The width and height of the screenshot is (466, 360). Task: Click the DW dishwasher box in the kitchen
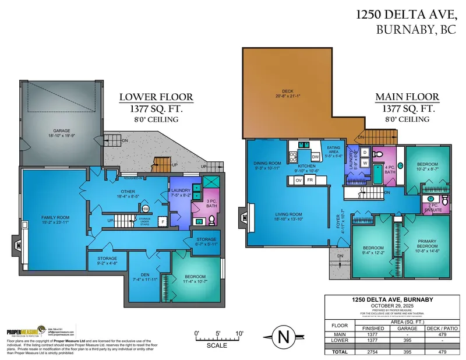[315, 157]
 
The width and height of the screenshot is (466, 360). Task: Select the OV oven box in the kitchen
[299, 181]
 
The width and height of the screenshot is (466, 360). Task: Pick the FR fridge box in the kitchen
[310, 181]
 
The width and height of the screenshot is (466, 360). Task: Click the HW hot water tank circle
[146, 209]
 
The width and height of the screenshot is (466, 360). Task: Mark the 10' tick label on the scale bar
[239, 333]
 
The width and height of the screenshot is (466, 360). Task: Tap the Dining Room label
[267, 165]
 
